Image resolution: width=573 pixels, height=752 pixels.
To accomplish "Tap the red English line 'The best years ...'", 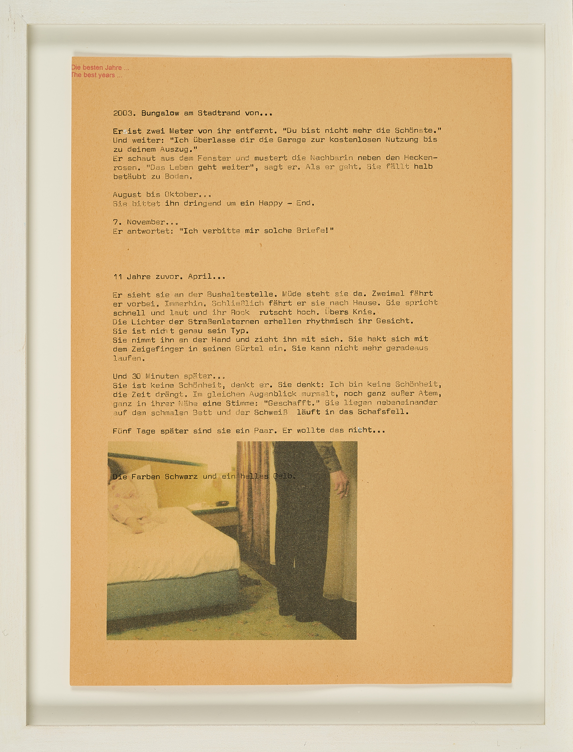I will (x=96, y=75).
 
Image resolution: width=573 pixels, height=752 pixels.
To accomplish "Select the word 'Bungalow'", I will (x=160, y=113).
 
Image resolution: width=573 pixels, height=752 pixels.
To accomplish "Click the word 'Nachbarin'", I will (x=331, y=158).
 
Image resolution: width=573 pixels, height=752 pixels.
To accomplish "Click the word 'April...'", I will (x=206, y=277).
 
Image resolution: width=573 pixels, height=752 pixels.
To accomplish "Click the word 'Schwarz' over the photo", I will (x=181, y=477).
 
